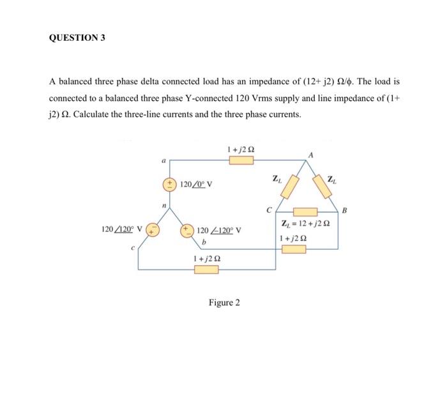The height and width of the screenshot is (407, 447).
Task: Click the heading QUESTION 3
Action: coord(77,37)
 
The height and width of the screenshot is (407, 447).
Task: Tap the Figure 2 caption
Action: coord(224,302)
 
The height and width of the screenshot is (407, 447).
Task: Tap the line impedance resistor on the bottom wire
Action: coord(206,270)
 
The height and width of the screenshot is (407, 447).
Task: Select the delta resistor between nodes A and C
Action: coord(292,187)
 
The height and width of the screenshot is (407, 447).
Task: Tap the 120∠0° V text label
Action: coord(197,185)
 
